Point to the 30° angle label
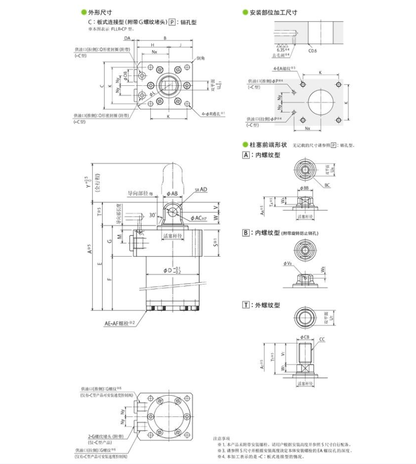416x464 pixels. pyautogui.click(x=154, y=215)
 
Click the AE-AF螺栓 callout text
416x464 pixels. pyautogui.click(x=118, y=323)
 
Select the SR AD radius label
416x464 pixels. pyautogui.click(x=202, y=190)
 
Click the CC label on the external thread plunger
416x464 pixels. pyautogui.click(x=322, y=339)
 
